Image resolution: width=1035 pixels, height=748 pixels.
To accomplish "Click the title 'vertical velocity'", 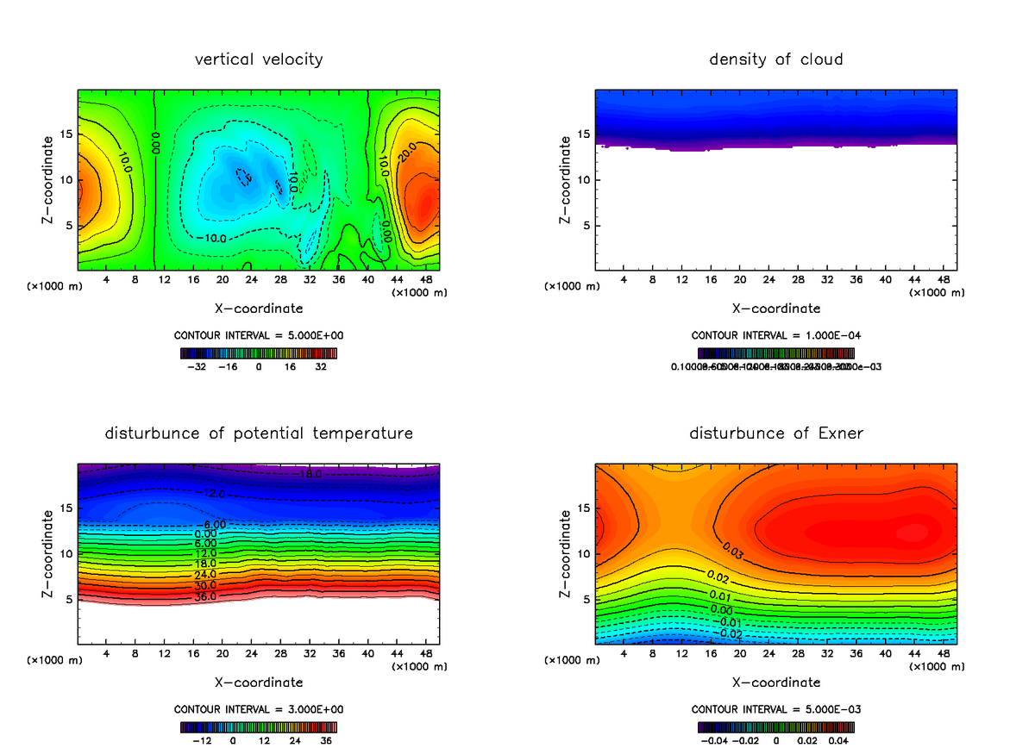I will (x=259, y=59).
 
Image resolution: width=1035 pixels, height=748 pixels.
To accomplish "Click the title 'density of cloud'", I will (x=776, y=59).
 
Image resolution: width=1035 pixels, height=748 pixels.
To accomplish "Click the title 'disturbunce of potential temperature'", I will (x=259, y=433).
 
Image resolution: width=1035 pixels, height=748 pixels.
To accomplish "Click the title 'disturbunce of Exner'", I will (x=776, y=433).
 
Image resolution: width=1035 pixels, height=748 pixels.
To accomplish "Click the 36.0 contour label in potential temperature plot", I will (x=206, y=596).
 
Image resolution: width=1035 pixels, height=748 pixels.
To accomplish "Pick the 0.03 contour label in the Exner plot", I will (x=733, y=548).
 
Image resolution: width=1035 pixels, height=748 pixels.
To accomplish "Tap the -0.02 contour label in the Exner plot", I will (x=731, y=634).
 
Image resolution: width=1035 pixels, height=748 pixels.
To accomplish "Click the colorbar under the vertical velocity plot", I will (x=259, y=352).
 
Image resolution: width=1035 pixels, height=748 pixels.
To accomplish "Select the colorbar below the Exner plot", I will (x=776, y=726).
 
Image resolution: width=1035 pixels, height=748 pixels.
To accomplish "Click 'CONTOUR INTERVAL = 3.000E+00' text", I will (x=259, y=709).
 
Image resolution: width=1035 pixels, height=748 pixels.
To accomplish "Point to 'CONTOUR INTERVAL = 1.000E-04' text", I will (x=776, y=335).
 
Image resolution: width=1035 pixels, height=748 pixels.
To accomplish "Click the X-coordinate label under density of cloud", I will (x=776, y=309).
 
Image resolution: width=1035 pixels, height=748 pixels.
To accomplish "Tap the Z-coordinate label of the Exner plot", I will (x=566, y=553).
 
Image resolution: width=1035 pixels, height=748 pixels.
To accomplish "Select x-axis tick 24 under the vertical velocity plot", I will (x=251, y=279).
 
